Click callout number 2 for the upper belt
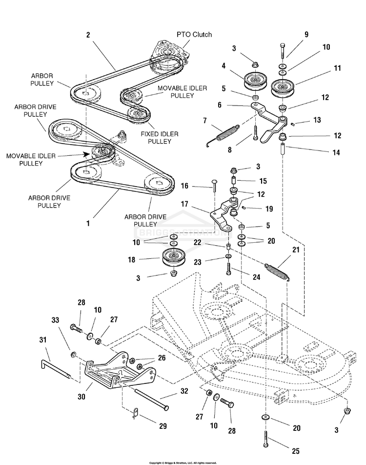coord(88,35)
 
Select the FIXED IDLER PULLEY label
coord(160,137)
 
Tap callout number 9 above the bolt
coord(306,35)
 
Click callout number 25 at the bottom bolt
coord(295,450)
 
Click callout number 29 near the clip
coord(161,426)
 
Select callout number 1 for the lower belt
coord(88,223)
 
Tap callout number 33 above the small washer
coord(55,320)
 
